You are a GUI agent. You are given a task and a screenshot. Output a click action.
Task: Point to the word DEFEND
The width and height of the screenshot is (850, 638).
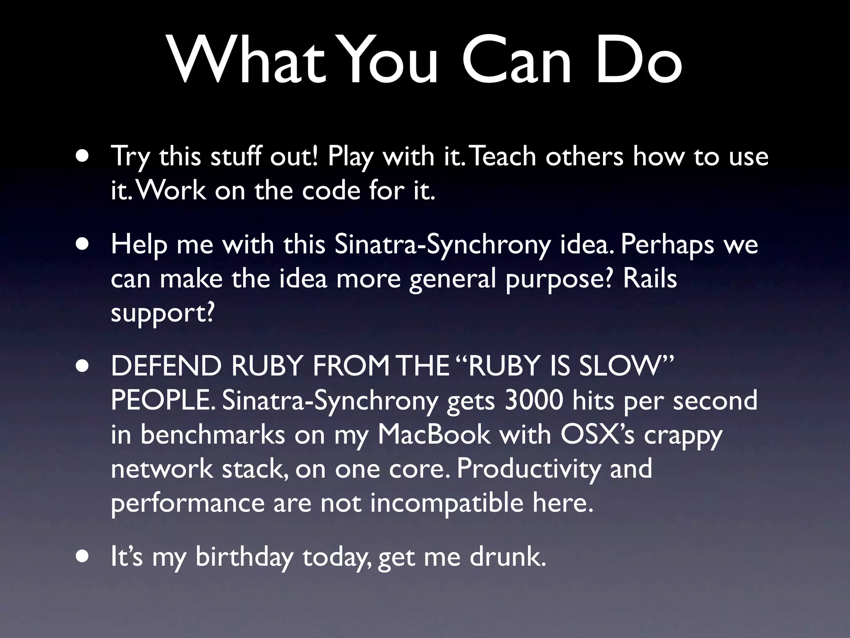tap(166, 366)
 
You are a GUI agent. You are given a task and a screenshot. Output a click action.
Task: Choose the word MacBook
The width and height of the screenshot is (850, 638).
tap(434, 434)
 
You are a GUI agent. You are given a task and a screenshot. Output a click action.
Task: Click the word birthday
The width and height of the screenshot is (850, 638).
tap(244, 557)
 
